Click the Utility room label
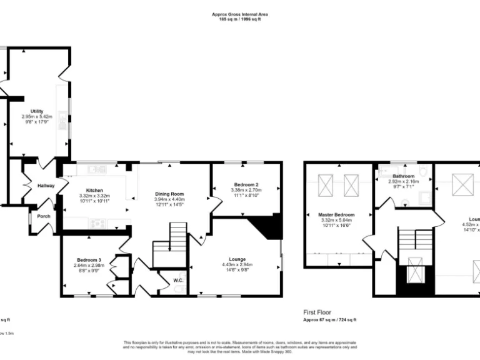tap(36, 111)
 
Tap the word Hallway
tap(45, 186)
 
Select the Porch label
tap(44, 216)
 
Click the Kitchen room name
tap(94, 191)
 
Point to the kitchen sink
tap(97, 169)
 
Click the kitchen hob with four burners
tap(97, 222)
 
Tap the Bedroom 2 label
tap(246, 185)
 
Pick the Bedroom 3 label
tap(89, 259)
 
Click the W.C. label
tap(177, 281)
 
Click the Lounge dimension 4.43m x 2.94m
tap(237, 264)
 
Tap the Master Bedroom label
tap(336, 214)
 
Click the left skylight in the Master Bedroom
tap(326, 184)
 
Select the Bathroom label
tap(403, 177)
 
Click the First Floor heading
tap(317, 312)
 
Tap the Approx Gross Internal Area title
tap(240, 14)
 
